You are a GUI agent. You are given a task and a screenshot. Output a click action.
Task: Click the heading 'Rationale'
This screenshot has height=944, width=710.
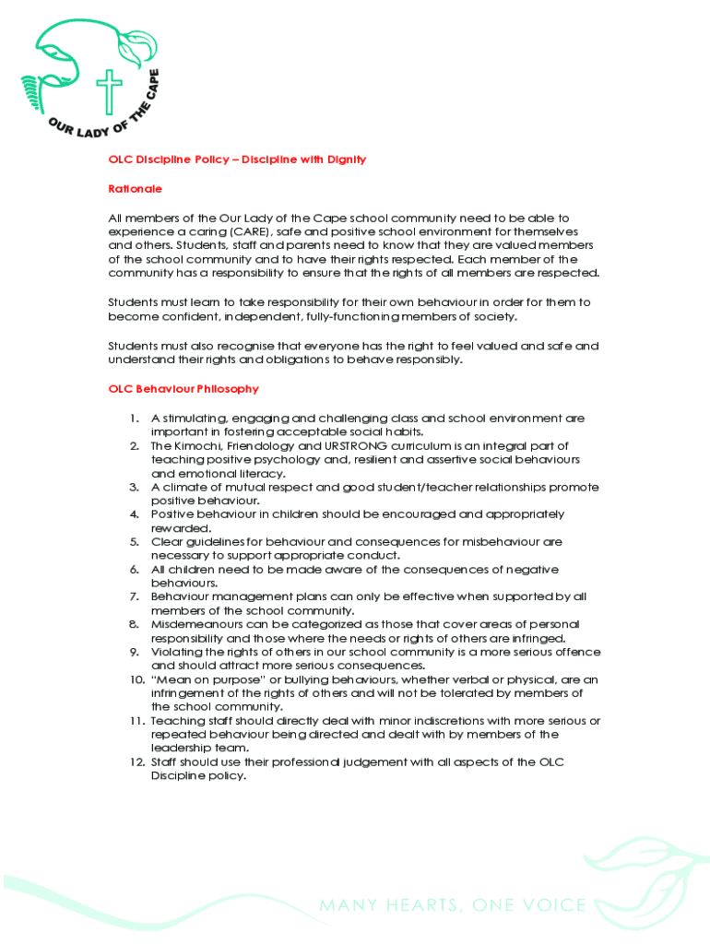coord(136,188)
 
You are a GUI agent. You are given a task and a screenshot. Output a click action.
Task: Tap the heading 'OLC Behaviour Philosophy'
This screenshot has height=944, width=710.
coord(183,389)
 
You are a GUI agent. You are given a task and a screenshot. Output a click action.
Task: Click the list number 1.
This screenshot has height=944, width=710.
coord(136,419)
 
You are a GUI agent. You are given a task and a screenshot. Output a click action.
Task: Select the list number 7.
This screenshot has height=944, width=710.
coord(135,597)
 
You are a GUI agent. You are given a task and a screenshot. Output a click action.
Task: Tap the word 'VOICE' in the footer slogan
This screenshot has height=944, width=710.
coord(552,905)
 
